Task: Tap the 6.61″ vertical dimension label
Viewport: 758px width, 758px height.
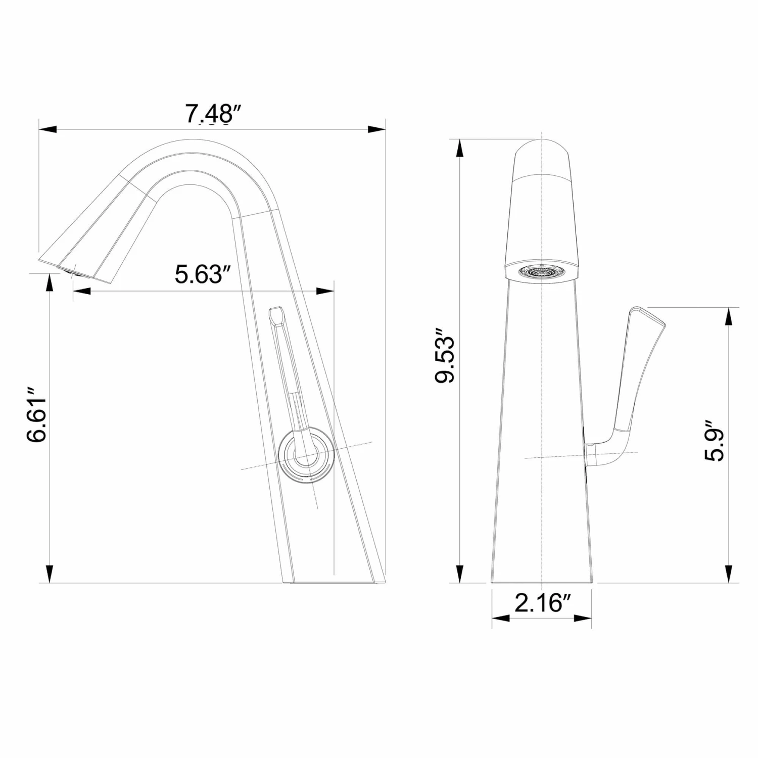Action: pyautogui.click(x=37, y=415)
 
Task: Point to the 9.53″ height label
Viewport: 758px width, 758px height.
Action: pyautogui.click(x=446, y=356)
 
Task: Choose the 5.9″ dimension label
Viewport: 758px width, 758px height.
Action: pyautogui.click(x=714, y=440)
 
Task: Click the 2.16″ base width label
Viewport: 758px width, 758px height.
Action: pyautogui.click(x=542, y=603)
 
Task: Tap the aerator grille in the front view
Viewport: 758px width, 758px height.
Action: pyautogui.click(x=541, y=272)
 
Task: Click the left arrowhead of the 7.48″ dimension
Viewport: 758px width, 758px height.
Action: pyautogui.click(x=47, y=129)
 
